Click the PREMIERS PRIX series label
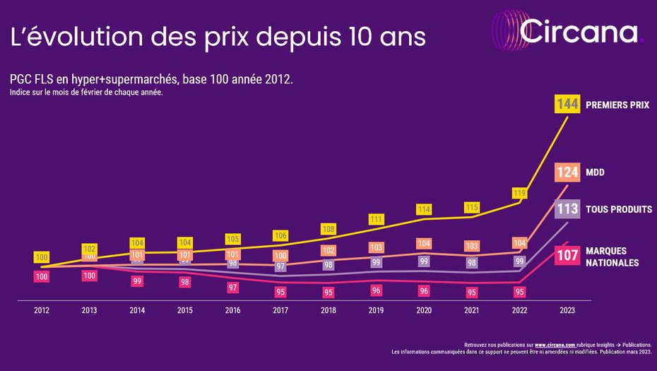pos(617,105)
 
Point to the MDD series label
pos(596,172)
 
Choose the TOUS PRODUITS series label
pos(620,209)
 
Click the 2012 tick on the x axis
pos(42,310)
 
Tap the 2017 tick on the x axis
pos(280,310)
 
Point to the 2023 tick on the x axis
pos(567,310)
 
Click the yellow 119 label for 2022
pos(519,192)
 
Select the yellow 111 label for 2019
pos(376,219)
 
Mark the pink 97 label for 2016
pos(232,288)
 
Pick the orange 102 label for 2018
pos(328,250)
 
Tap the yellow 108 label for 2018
pos(328,229)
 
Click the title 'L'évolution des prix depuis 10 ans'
pos(218,37)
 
